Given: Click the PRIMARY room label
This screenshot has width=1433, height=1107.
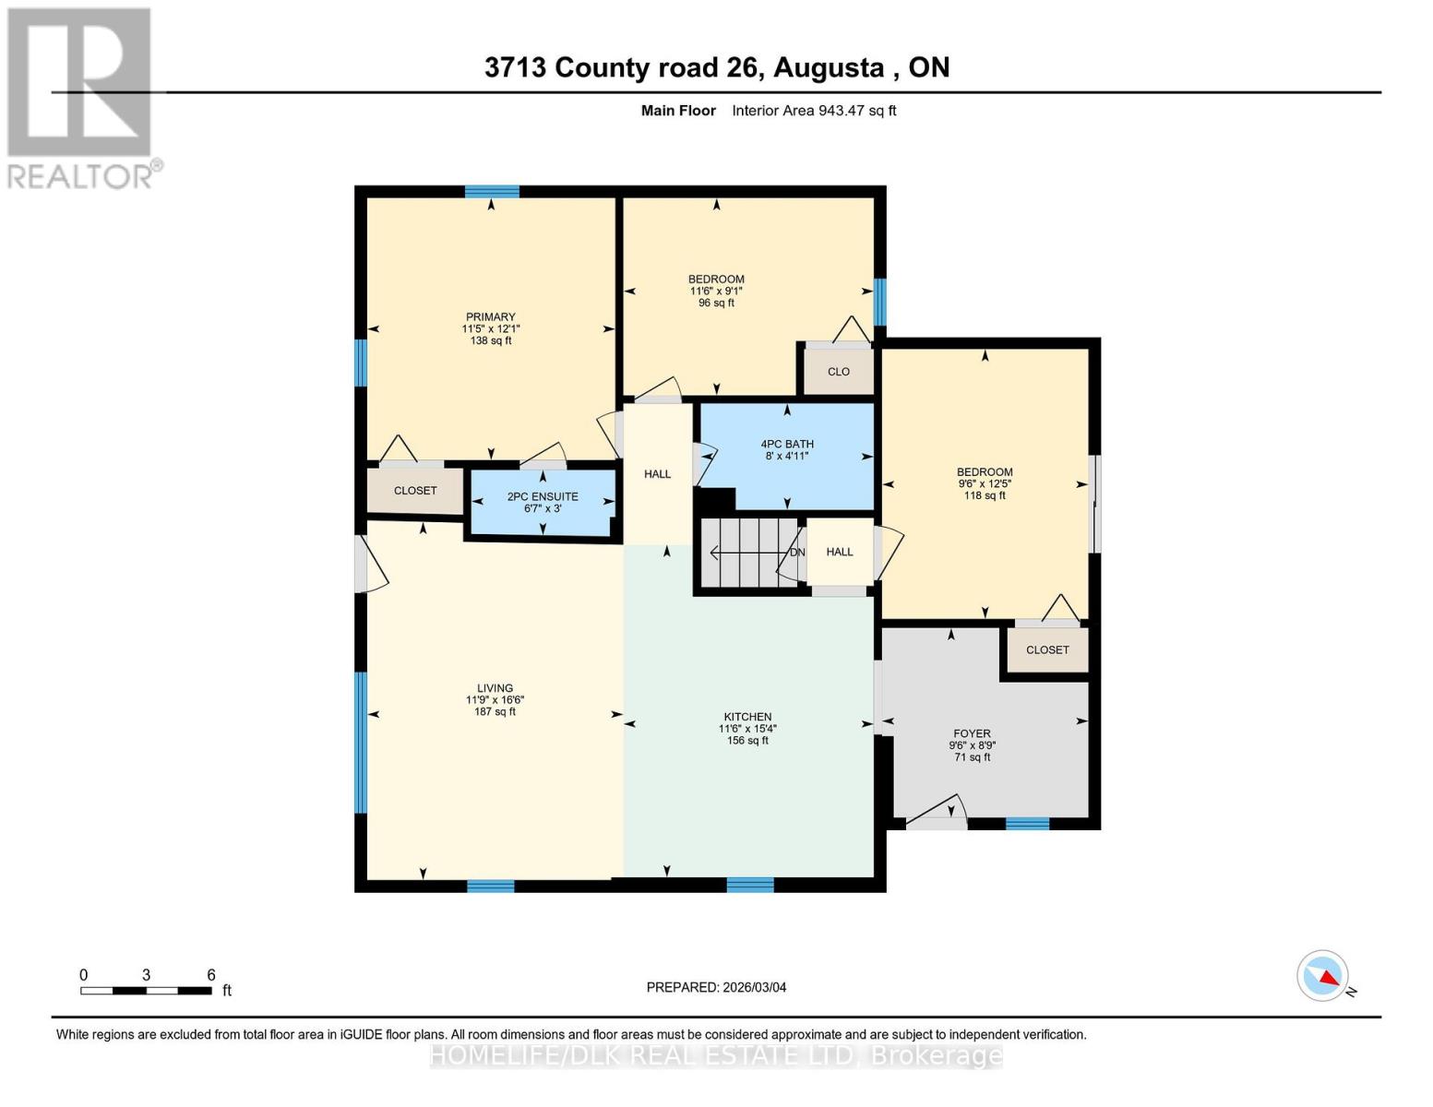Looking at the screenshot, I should pos(490,317).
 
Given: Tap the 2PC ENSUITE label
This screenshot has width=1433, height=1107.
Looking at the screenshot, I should pos(543,496).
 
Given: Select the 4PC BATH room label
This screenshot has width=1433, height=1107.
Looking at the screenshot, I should pos(786,444).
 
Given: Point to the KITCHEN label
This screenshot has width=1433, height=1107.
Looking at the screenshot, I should pos(747,717).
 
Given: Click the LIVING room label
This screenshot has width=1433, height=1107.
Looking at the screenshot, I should pos(495,688).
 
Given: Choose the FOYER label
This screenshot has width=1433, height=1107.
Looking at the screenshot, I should pos(972,734).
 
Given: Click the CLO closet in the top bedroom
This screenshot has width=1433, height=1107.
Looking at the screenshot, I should pos(838,372).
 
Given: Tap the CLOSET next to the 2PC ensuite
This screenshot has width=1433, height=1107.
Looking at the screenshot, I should pos(415,491).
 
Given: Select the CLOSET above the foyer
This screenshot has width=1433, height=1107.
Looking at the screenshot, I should pos(1047,650).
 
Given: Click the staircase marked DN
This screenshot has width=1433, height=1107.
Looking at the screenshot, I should pos(747,553).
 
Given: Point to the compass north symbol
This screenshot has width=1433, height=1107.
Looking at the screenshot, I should pos(1324,976).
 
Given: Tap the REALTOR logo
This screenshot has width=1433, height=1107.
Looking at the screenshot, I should pos(81,98).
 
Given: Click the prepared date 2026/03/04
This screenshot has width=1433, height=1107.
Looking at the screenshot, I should pos(716,987).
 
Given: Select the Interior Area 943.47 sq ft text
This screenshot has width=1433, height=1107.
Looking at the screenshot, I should pos(814,111).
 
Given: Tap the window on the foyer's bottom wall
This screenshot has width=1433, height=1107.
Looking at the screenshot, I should pos(1027,824).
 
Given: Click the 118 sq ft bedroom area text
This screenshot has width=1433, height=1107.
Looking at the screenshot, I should pos(985,495).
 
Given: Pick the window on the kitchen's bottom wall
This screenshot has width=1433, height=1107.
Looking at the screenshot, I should pos(749,886).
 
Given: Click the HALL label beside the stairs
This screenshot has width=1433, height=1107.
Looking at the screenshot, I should pos(839,552).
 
